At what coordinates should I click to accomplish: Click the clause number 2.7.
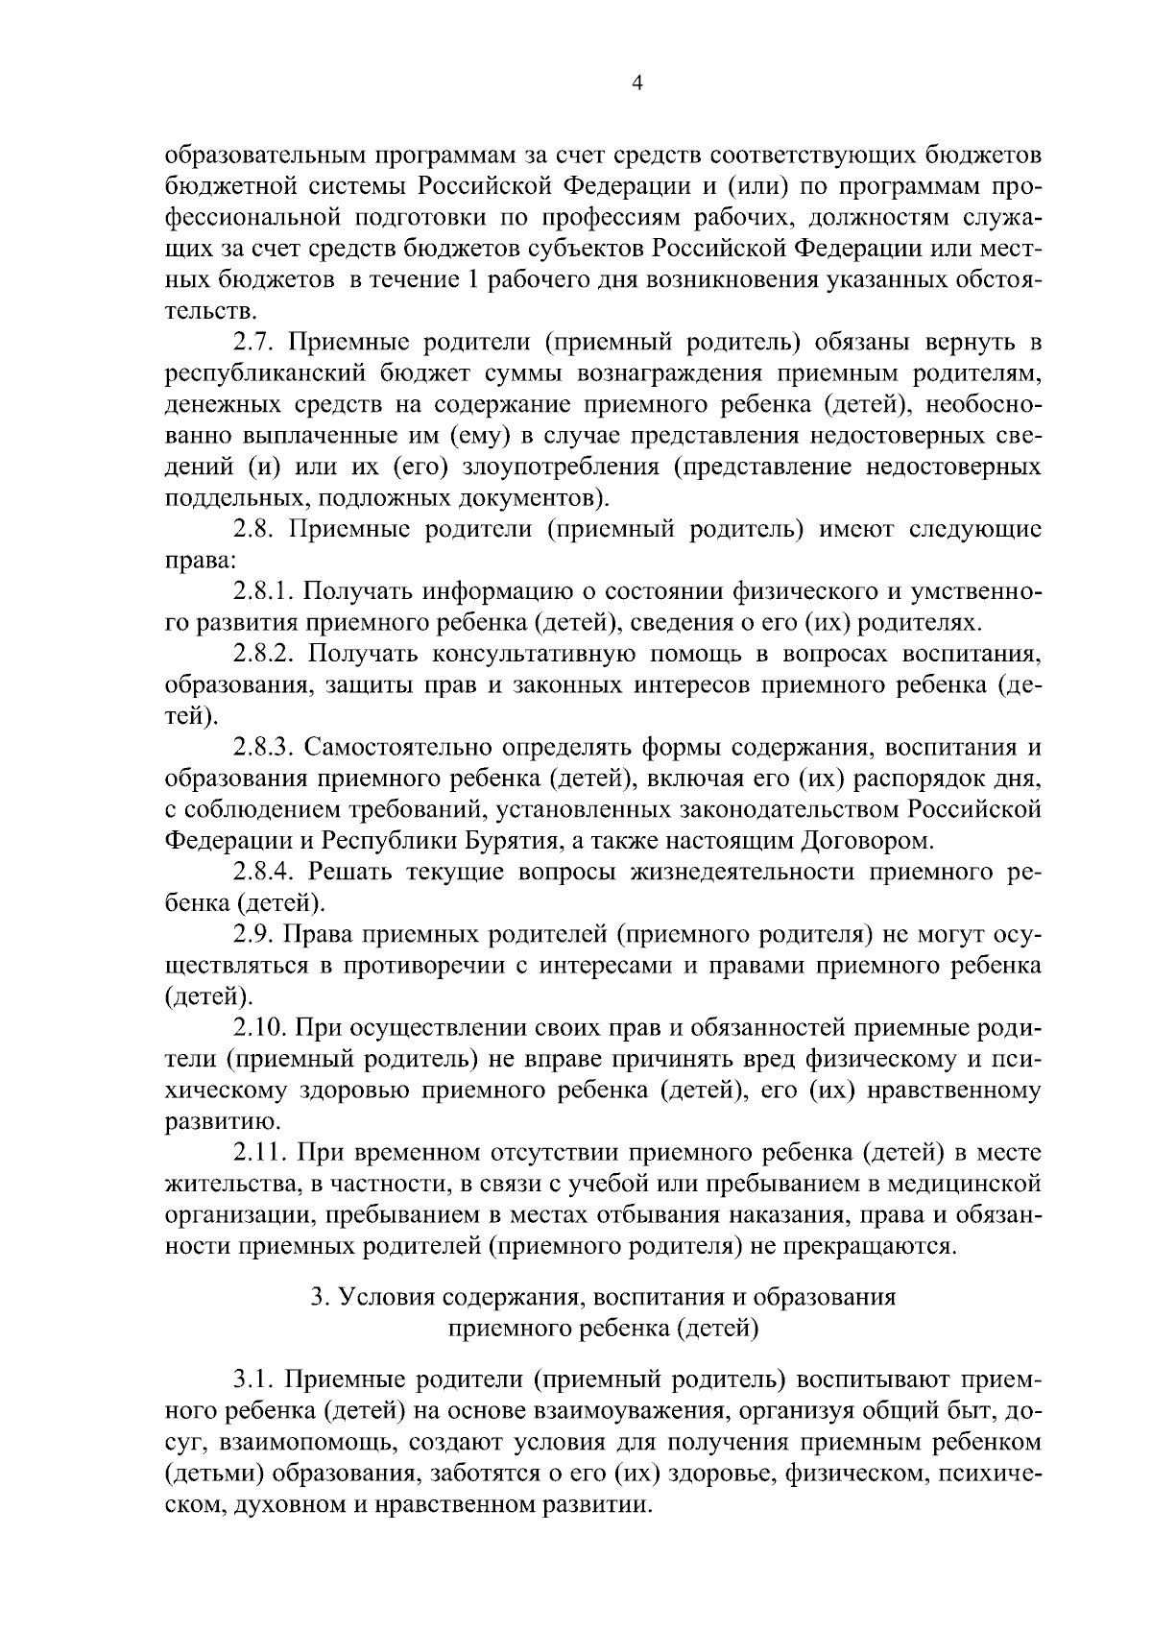254,343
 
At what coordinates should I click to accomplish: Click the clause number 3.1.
254,1380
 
